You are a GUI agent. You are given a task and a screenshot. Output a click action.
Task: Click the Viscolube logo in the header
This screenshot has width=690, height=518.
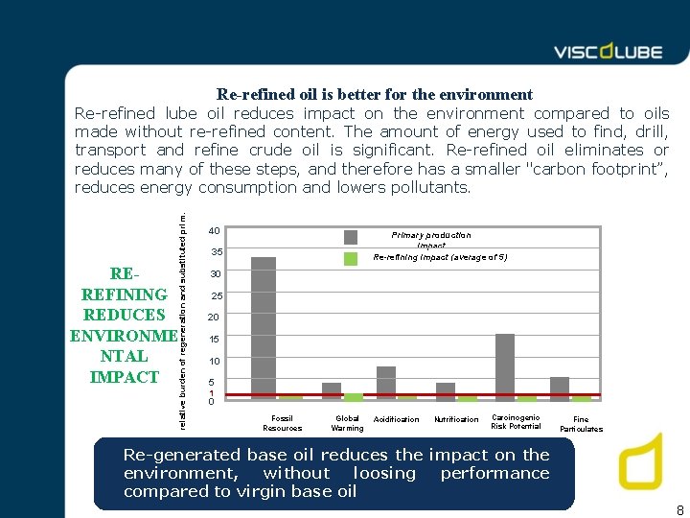pyautogui.click(x=608, y=52)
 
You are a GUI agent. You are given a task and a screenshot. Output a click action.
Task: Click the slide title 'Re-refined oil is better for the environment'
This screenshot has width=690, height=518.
pyautogui.click(x=375, y=94)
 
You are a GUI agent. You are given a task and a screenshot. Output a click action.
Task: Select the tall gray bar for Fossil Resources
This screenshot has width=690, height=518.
pyautogui.click(x=264, y=327)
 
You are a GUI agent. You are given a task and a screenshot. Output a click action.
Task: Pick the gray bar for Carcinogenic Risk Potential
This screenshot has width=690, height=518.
pyautogui.click(x=505, y=365)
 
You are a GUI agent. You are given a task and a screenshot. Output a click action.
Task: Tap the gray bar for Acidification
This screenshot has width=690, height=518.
pyautogui.click(x=386, y=382)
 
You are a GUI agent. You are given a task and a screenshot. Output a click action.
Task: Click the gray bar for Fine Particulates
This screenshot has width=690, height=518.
pyautogui.click(x=560, y=388)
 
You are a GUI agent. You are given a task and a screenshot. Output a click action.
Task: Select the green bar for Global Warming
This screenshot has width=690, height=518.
pyautogui.click(x=354, y=396)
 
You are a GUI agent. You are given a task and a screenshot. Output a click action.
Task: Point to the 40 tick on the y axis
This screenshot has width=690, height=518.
pyautogui.click(x=215, y=231)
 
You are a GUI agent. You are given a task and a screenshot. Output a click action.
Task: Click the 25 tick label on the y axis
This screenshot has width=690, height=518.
pyautogui.click(x=217, y=295)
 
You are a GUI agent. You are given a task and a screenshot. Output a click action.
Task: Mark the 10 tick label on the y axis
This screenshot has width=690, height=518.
pyautogui.click(x=217, y=361)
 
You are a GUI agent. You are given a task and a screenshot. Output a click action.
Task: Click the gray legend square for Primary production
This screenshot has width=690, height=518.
pyautogui.click(x=351, y=237)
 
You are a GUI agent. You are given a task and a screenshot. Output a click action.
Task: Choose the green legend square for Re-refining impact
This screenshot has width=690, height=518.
pyautogui.click(x=351, y=258)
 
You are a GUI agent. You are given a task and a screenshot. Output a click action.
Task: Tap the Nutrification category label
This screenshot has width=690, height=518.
pyautogui.click(x=456, y=419)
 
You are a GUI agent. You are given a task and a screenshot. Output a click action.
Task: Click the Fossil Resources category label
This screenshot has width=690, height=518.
pyautogui.click(x=282, y=423)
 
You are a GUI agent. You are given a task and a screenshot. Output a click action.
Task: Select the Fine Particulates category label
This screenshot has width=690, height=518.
pyautogui.click(x=581, y=424)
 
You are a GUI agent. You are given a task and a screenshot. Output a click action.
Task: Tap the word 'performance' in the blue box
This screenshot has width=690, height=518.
pyautogui.click(x=494, y=473)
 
